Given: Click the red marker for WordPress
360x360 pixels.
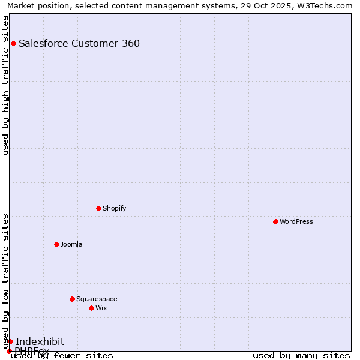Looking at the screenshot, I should coord(275,221).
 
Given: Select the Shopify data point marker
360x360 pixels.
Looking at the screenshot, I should coord(99,208).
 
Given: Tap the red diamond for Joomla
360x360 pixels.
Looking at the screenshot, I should coord(56,244).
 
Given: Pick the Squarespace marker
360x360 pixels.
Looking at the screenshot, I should coord(72,299).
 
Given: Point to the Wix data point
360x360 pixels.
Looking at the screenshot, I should coord(91,308).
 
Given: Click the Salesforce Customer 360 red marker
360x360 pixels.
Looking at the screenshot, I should coord(13,43).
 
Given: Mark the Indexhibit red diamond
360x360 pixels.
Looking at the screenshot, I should coord(10,341).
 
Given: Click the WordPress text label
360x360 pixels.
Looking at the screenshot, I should coord(296,221).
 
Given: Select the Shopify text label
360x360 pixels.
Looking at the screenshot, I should coord(114,208).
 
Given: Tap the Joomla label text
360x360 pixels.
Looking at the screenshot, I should coord(71,244).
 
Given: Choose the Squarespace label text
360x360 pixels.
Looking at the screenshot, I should coord(97,299).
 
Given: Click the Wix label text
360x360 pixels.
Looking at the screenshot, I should coord(101,308).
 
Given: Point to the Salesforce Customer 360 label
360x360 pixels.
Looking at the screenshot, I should coord(79,43).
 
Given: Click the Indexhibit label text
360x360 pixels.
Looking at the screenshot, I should coord(40,341).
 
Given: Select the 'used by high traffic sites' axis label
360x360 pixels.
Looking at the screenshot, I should coord(6,85).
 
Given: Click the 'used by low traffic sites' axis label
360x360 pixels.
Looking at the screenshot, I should coord(6,281).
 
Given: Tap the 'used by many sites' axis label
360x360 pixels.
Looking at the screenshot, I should coord(301,355).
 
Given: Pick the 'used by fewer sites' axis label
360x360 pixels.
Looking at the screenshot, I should coord(62,355).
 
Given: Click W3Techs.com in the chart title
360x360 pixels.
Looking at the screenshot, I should coord(324,6).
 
